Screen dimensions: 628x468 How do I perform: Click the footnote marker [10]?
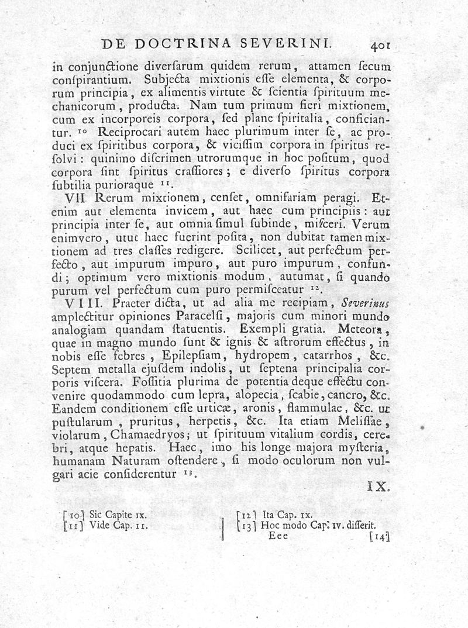[x=75, y=515]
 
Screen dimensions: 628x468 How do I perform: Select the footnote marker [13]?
[x=247, y=525]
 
